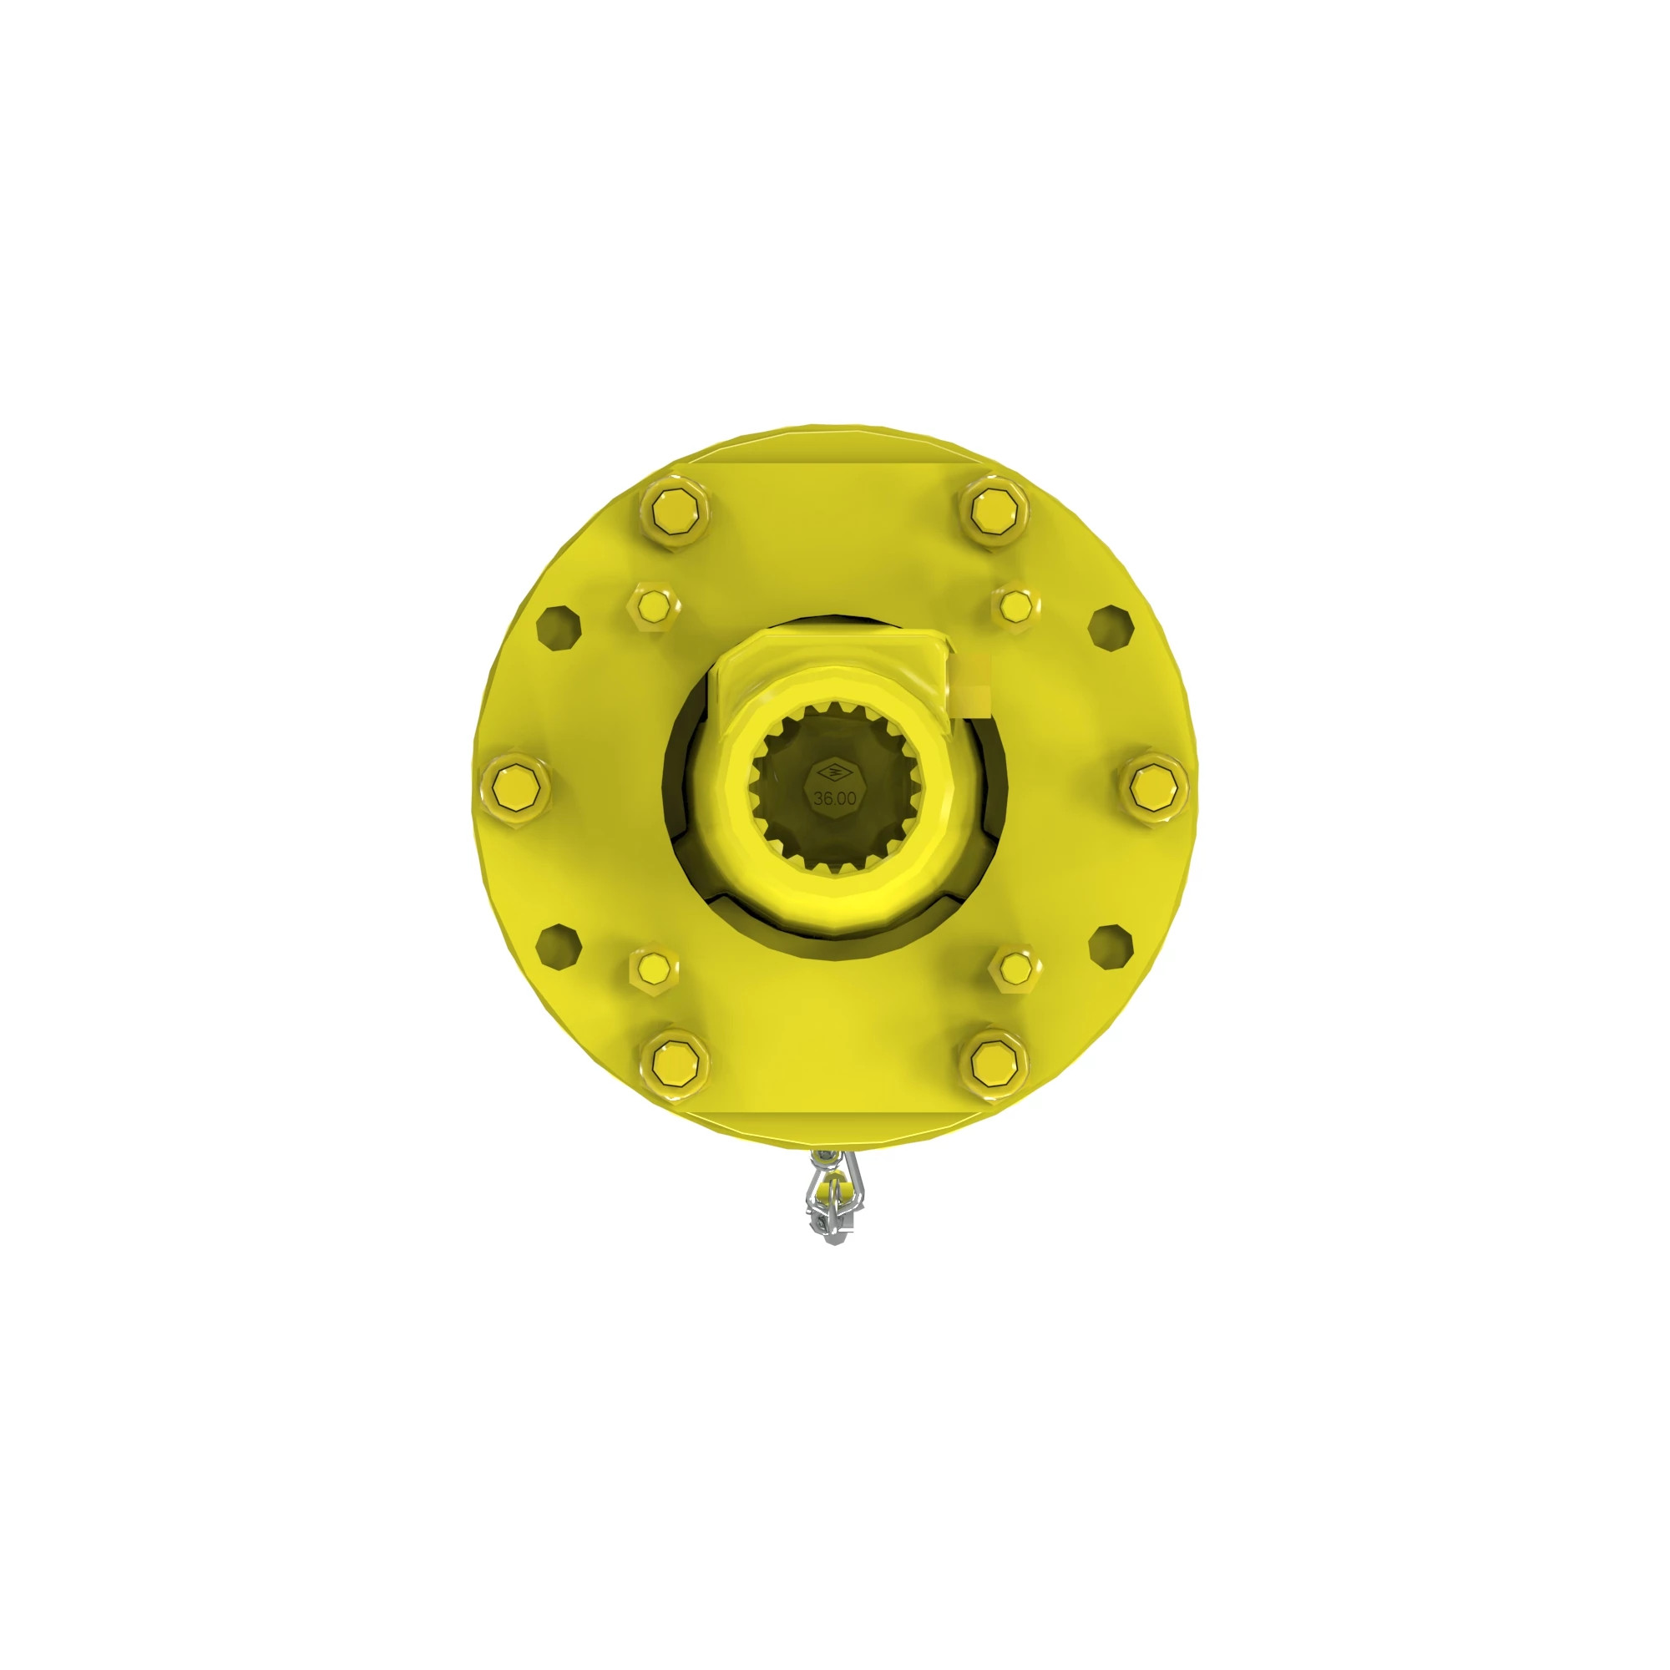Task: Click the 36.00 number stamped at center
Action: click(834, 797)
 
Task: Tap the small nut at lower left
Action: click(652, 968)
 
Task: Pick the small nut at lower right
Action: click(1016, 967)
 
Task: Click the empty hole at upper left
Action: click(559, 629)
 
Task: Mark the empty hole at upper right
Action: click(1110, 628)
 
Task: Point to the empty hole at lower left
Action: click(559, 946)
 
